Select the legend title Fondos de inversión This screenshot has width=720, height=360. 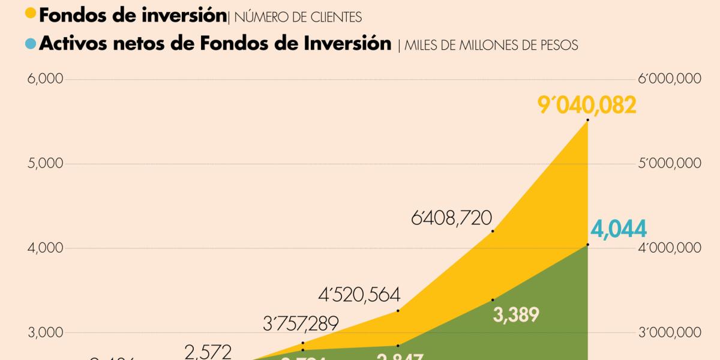coord(133,15)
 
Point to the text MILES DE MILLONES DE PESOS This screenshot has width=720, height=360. coord(491,46)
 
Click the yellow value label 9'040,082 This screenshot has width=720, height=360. coord(586,106)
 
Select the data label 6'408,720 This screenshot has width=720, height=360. coord(452,217)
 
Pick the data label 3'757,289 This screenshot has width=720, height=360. coord(301,325)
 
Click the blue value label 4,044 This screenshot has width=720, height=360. coord(617,229)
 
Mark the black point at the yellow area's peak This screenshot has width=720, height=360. coord(587,120)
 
